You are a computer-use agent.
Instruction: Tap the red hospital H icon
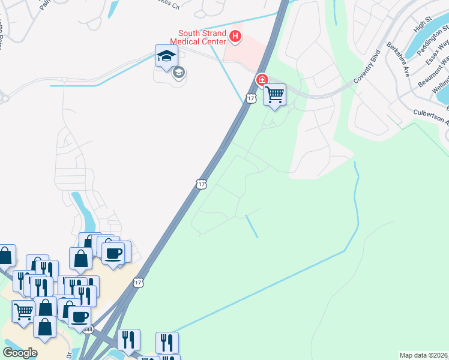[235, 37]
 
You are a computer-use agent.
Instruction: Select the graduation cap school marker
[166, 56]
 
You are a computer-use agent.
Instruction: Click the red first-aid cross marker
[262, 79]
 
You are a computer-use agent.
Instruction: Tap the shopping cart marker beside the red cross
[274, 94]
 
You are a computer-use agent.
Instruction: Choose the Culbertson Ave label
[431, 116]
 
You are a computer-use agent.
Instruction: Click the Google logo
[19, 352]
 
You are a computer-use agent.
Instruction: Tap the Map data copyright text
[424, 355]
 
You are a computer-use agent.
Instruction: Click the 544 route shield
[89, 329]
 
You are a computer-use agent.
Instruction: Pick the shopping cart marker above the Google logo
[23, 311]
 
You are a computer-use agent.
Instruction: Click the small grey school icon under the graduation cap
[178, 73]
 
